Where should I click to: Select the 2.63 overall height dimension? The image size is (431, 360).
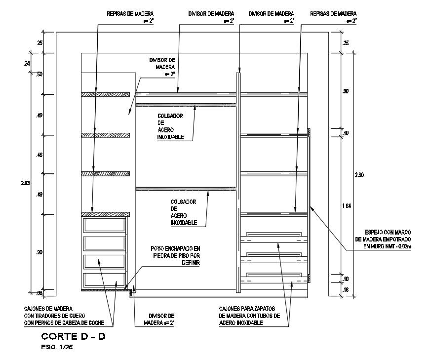pyautogui.click(x=26, y=183)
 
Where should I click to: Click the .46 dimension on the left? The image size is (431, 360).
pyautogui.click(x=39, y=155)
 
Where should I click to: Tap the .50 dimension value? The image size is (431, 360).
pyautogui.click(x=39, y=74)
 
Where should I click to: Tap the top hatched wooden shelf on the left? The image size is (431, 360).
pyautogui.click(x=105, y=94)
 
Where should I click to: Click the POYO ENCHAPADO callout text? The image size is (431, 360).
pyautogui.click(x=176, y=255)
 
